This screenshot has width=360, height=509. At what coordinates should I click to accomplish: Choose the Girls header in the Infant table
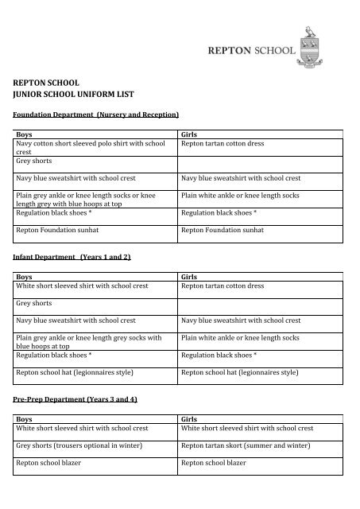point(190,275)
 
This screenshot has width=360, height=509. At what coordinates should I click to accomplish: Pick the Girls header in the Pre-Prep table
point(190,417)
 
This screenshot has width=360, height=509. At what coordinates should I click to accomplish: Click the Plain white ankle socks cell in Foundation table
point(240,195)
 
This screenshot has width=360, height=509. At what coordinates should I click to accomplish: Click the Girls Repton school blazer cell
point(215,462)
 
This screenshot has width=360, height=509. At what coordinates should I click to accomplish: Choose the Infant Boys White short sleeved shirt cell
point(82,284)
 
